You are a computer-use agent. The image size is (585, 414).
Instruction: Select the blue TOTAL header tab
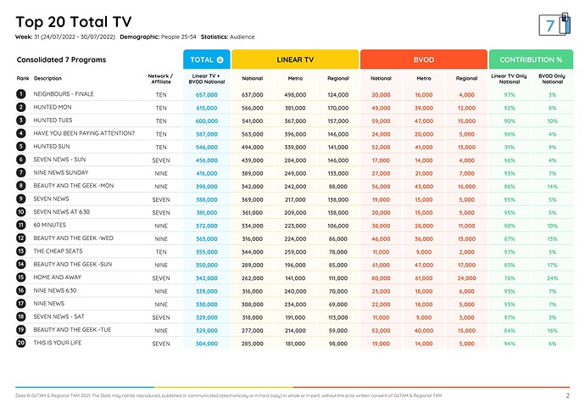pos(206,59)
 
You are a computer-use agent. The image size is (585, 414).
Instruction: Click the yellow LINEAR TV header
pos(294,59)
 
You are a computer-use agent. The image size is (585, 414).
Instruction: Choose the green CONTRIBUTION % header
pos(531,59)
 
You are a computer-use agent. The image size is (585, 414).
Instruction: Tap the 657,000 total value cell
pos(206,94)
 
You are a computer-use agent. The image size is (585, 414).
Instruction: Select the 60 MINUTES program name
pos(51,225)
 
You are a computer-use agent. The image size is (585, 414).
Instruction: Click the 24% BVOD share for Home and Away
pos(551,277)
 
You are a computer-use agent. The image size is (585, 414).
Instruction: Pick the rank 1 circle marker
pos(20,94)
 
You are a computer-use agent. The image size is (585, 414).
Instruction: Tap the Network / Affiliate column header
pos(160,78)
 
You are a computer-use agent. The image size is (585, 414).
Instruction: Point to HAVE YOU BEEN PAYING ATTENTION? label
pos(84,133)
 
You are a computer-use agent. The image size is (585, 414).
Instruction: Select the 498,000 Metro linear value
pos(295,94)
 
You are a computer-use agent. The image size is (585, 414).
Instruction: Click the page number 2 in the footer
pos(567,395)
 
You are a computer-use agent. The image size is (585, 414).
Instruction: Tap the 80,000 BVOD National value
pos(381,277)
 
